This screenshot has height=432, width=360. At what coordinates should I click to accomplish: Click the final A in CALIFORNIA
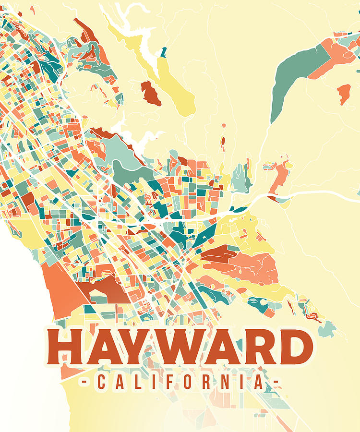pyautogui.click(x=258, y=383)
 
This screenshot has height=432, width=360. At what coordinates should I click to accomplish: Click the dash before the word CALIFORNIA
pyautogui.click(x=84, y=383)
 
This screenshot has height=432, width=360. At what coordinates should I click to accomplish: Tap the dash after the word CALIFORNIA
pyautogui.click(x=275, y=383)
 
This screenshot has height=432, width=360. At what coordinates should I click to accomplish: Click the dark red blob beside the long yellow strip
pyautogui.click(x=150, y=93)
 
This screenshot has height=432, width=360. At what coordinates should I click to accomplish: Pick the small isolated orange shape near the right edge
pyautogui.click(x=344, y=93)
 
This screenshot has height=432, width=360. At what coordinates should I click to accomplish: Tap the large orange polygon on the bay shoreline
pyautogui.click(x=60, y=290)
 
